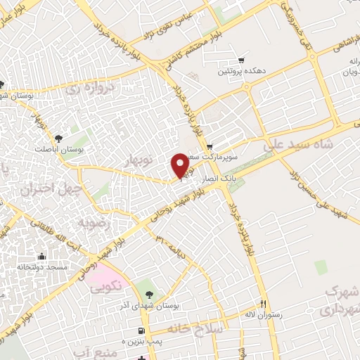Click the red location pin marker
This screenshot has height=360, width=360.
pos(180,165)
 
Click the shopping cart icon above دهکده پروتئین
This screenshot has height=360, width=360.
pos(242,60)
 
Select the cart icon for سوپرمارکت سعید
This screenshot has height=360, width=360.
pos(210,146)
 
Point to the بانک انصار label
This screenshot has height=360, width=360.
pos(217,181)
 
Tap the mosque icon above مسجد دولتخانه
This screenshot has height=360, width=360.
pos(43,256)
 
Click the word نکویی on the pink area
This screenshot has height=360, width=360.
pos(107,286)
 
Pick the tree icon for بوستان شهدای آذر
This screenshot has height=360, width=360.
pos(148,287)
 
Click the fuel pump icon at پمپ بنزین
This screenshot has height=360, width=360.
pos(142,330)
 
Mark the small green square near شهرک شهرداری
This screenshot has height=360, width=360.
pos(321,266)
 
